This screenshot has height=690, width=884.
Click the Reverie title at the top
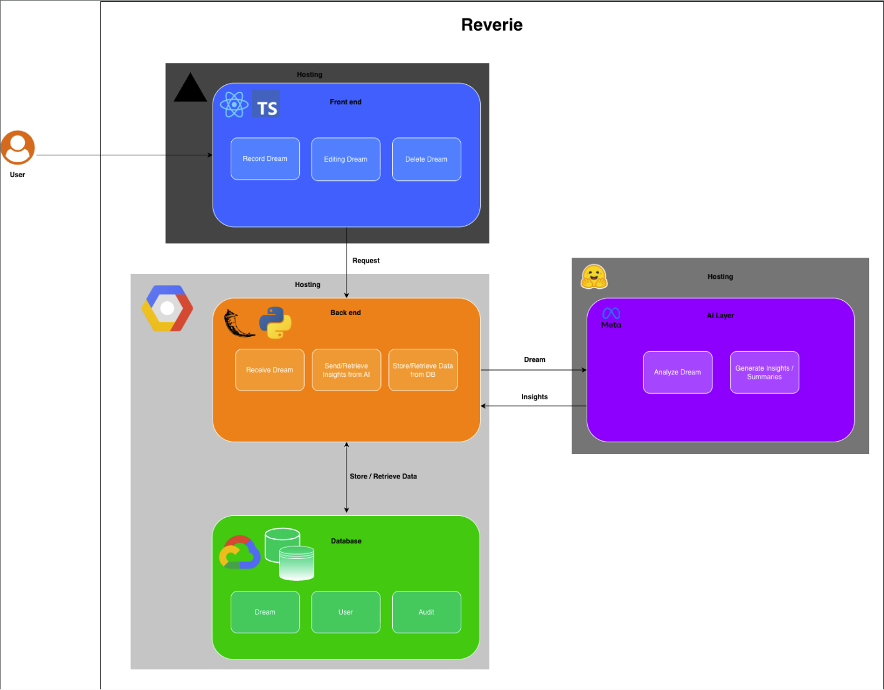[x=492, y=25]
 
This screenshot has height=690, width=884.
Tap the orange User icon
[x=17, y=147]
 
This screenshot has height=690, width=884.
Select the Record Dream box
[x=265, y=159]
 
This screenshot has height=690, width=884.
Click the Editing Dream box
[x=345, y=159]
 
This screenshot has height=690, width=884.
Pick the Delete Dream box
[x=426, y=159]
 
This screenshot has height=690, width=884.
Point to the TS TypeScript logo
[x=266, y=105]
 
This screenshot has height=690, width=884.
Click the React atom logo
[x=234, y=105]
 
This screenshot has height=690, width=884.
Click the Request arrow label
[x=366, y=261]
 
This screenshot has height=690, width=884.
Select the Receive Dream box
[x=269, y=370]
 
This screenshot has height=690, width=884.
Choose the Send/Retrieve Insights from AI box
[x=346, y=370]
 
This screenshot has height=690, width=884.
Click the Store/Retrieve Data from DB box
[x=423, y=370]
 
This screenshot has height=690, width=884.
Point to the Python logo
[x=275, y=323]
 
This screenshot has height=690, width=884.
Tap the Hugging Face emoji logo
[x=593, y=277]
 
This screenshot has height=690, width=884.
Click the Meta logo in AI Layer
[x=611, y=317]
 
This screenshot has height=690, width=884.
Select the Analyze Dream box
[x=677, y=372]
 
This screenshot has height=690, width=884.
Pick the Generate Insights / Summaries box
[x=764, y=372]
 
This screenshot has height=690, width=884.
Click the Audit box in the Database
[x=426, y=612]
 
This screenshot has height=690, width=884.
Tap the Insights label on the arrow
[x=534, y=397]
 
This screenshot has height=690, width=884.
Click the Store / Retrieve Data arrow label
[x=383, y=477]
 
